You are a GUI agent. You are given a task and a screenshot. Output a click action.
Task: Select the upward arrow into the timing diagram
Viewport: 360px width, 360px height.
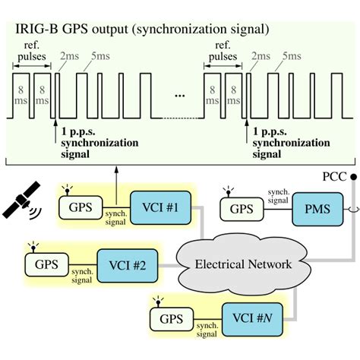(x=115, y=181)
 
